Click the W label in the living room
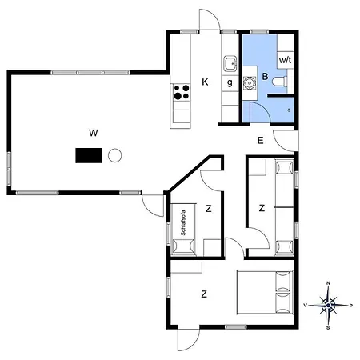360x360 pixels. [94, 132]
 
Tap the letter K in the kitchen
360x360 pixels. [205, 82]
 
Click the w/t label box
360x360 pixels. [286, 60]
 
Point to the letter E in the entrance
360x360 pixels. [261, 141]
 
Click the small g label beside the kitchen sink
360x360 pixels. [230, 82]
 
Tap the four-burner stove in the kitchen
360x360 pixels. [182, 92]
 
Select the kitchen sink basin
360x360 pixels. [230, 63]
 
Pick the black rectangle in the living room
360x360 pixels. [90, 155]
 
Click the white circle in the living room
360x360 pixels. [114, 154]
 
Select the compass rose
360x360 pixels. [328, 304]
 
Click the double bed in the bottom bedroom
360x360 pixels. [266, 293]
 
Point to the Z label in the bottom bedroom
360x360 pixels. [204, 294]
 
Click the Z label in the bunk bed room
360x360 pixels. [262, 208]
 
